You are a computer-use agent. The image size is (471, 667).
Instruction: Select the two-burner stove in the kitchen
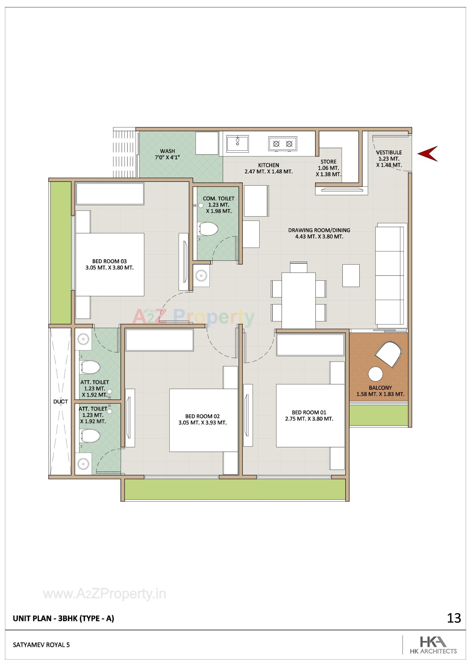(283, 144)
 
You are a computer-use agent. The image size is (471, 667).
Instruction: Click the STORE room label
(328, 162)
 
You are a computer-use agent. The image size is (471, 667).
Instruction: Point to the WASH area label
(168, 151)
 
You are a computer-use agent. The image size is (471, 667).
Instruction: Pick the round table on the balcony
(375, 374)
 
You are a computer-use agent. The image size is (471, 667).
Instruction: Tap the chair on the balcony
(388, 354)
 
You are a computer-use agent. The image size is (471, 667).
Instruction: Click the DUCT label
(60, 401)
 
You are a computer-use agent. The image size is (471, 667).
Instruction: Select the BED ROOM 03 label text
(109, 261)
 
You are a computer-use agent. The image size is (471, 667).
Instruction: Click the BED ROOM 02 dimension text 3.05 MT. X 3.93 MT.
(202, 423)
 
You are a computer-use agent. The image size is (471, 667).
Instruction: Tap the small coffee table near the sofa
(351, 275)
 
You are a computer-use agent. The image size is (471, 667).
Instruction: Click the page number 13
(454, 618)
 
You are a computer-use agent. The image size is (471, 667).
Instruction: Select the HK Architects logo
(433, 644)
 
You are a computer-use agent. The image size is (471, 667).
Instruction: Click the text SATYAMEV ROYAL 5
(41, 645)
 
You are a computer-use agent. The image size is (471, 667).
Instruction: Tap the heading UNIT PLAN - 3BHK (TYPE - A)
(63, 618)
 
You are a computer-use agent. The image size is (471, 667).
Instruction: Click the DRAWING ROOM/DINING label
(319, 230)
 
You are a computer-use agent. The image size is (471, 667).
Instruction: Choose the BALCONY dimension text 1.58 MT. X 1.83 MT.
(380, 394)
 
